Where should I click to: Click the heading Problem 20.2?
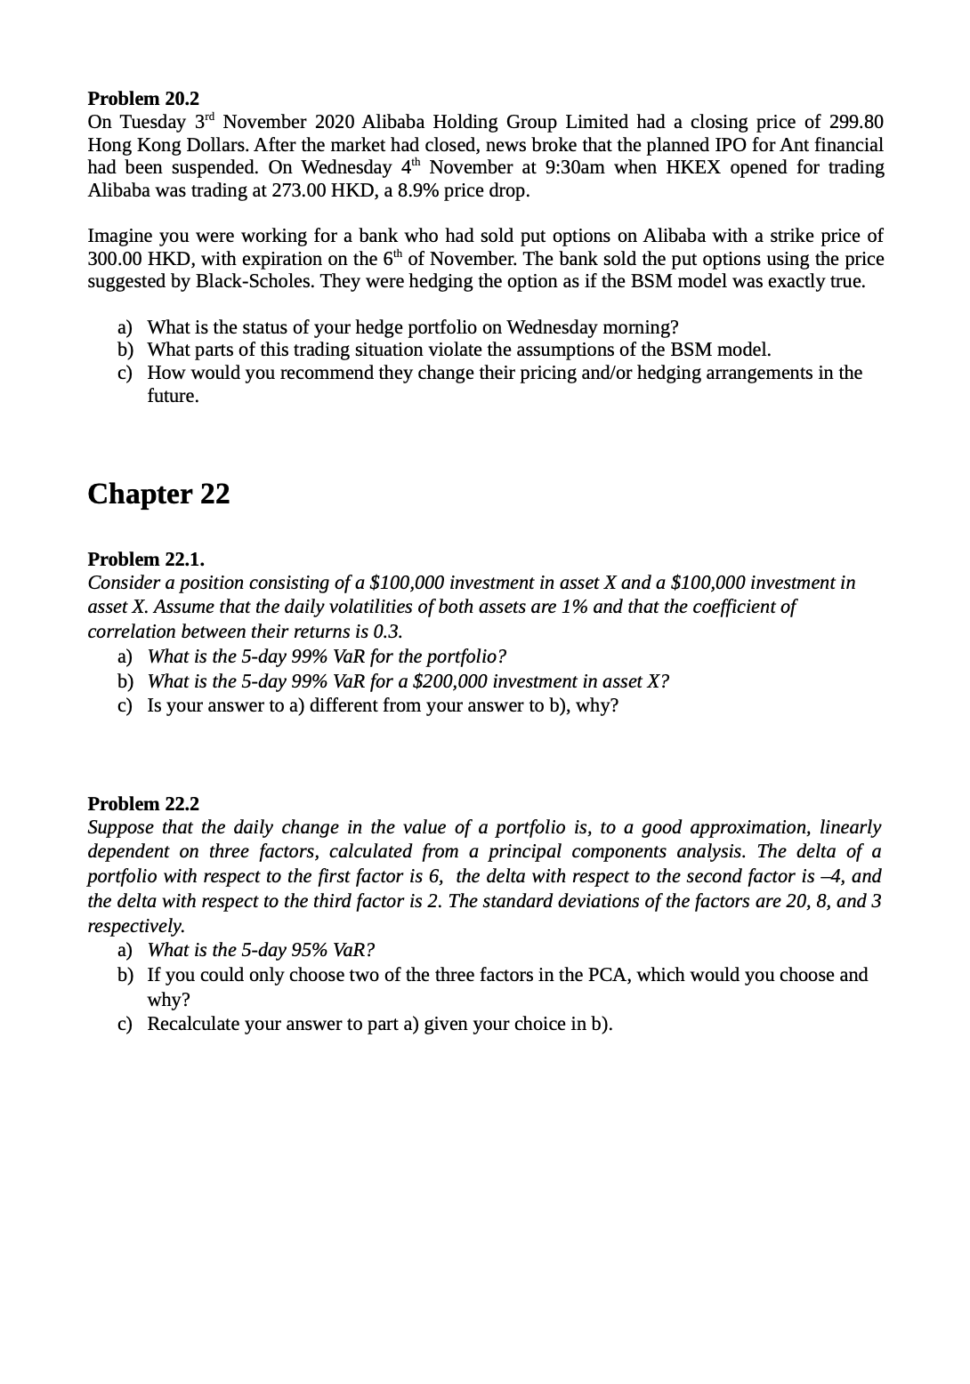143,98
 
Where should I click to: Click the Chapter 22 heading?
158,494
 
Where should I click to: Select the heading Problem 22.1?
146,559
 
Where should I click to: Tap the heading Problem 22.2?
143,804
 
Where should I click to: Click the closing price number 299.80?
856,122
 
